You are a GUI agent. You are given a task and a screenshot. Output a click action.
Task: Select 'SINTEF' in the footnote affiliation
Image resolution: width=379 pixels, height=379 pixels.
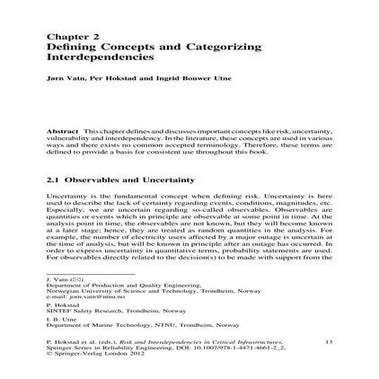coord(58,310)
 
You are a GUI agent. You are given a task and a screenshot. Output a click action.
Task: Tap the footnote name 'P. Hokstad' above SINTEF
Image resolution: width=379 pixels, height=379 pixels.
coord(58,304)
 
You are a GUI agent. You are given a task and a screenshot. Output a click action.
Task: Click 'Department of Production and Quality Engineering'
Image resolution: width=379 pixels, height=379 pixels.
coord(104,282)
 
